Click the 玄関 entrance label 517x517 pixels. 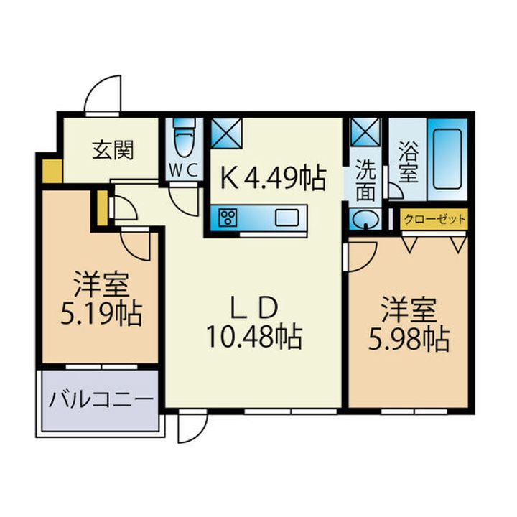pyautogui.click(x=113, y=150)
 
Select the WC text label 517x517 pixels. pyautogui.click(x=184, y=171)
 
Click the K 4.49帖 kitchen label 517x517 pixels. pyautogui.click(x=274, y=178)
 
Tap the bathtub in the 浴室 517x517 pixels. pyautogui.click(x=447, y=159)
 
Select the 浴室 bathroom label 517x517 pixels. pyautogui.click(x=408, y=162)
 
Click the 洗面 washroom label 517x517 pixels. pyautogui.click(x=365, y=181)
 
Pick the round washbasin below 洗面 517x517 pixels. pyautogui.click(x=365, y=218)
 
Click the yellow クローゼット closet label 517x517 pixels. pyautogui.click(x=434, y=219)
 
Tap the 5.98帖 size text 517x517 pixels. pyautogui.click(x=409, y=338)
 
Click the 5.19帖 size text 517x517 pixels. pyautogui.click(x=101, y=313)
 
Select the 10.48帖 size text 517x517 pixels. pyautogui.click(x=254, y=337)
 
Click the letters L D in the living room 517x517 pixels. pyautogui.click(x=253, y=307)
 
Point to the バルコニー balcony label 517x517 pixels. pyautogui.click(x=101, y=400)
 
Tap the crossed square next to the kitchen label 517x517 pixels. pyautogui.click(x=226, y=133)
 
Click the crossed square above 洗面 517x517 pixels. pyautogui.click(x=365, y=132)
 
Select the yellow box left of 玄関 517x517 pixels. pyautogui.click(x=52, y=171)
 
